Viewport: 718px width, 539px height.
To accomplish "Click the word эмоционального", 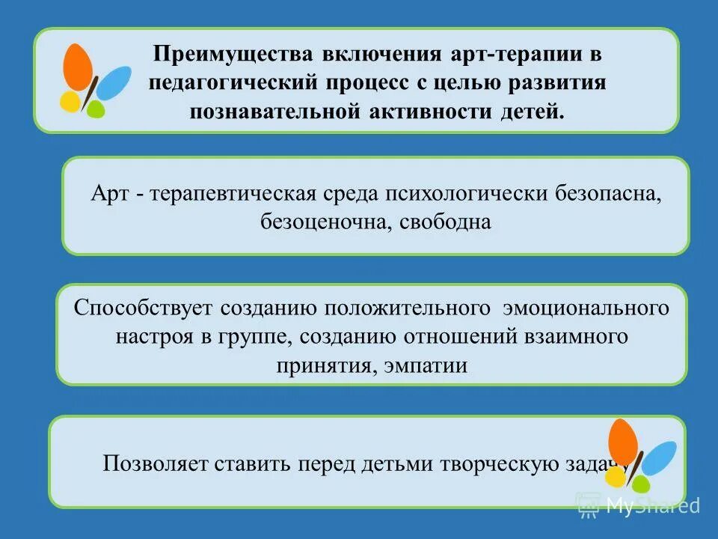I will click(587, 308).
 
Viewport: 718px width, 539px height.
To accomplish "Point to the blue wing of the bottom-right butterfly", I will click(658, 458).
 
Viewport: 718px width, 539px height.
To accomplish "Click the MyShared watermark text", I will click(652, 505).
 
